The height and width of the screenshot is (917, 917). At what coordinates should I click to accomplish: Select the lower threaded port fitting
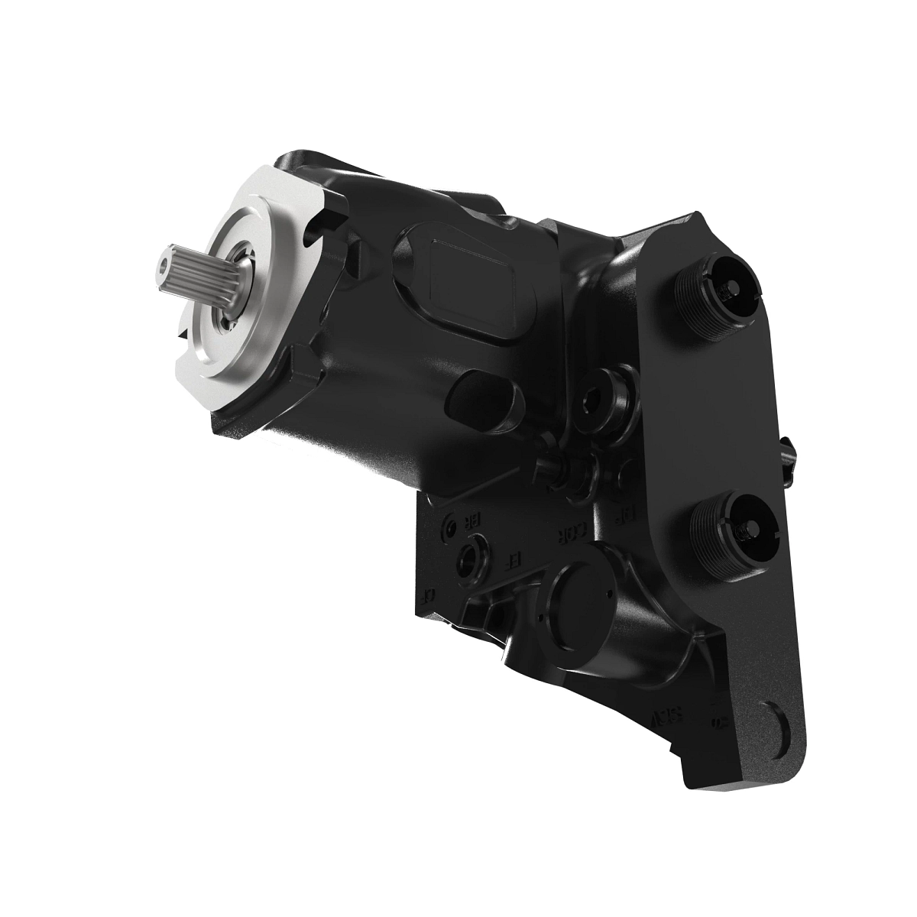[x=734, y=527]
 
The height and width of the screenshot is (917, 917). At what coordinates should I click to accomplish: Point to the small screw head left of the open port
[x=451, y=528]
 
